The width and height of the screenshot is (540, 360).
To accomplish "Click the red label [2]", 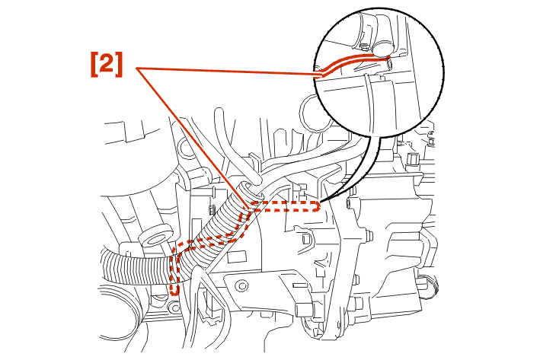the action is [x=107, y=65].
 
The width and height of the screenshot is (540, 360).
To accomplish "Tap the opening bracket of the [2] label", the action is [x=94, y=65].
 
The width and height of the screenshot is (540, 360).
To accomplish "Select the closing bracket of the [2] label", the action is [x=119, y=65].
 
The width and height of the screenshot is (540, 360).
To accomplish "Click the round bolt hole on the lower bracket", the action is [x=243, y=285].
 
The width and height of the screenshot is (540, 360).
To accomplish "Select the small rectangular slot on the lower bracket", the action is [x=299, y=285].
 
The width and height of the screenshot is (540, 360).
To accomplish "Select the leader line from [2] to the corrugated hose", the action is [x=192, y=139].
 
